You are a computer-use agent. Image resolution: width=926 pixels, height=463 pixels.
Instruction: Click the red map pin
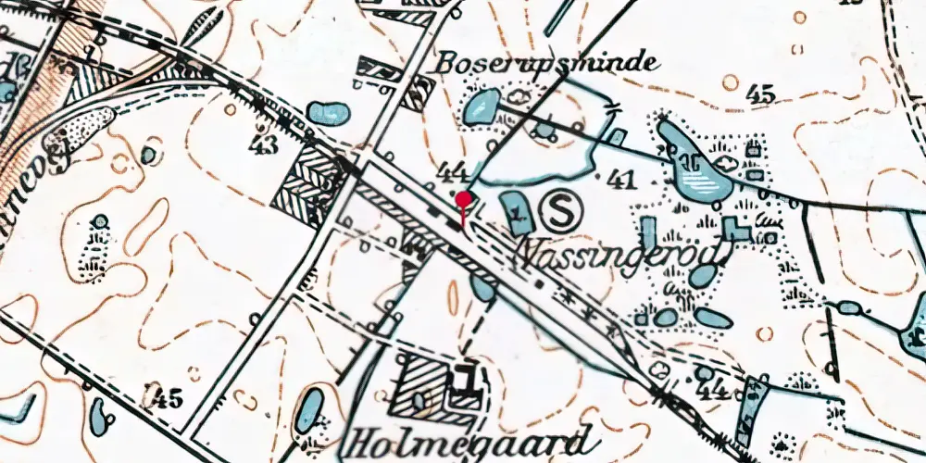pyautogui.click(x=463, y=198)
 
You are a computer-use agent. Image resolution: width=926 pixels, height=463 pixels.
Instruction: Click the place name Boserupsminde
pyautogui.click(x=548, y=63)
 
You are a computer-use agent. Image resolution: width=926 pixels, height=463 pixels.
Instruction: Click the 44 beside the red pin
pyautogui.click(x=454, y=171)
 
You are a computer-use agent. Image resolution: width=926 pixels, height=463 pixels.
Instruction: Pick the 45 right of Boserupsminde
pyautogui.click(x=763, y=94)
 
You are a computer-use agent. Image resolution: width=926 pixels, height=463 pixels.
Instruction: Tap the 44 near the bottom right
pyautogui.click(x=712, y=390)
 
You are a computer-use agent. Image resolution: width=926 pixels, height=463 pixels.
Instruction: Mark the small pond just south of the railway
pyautogui.click(x=482, y=289)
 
